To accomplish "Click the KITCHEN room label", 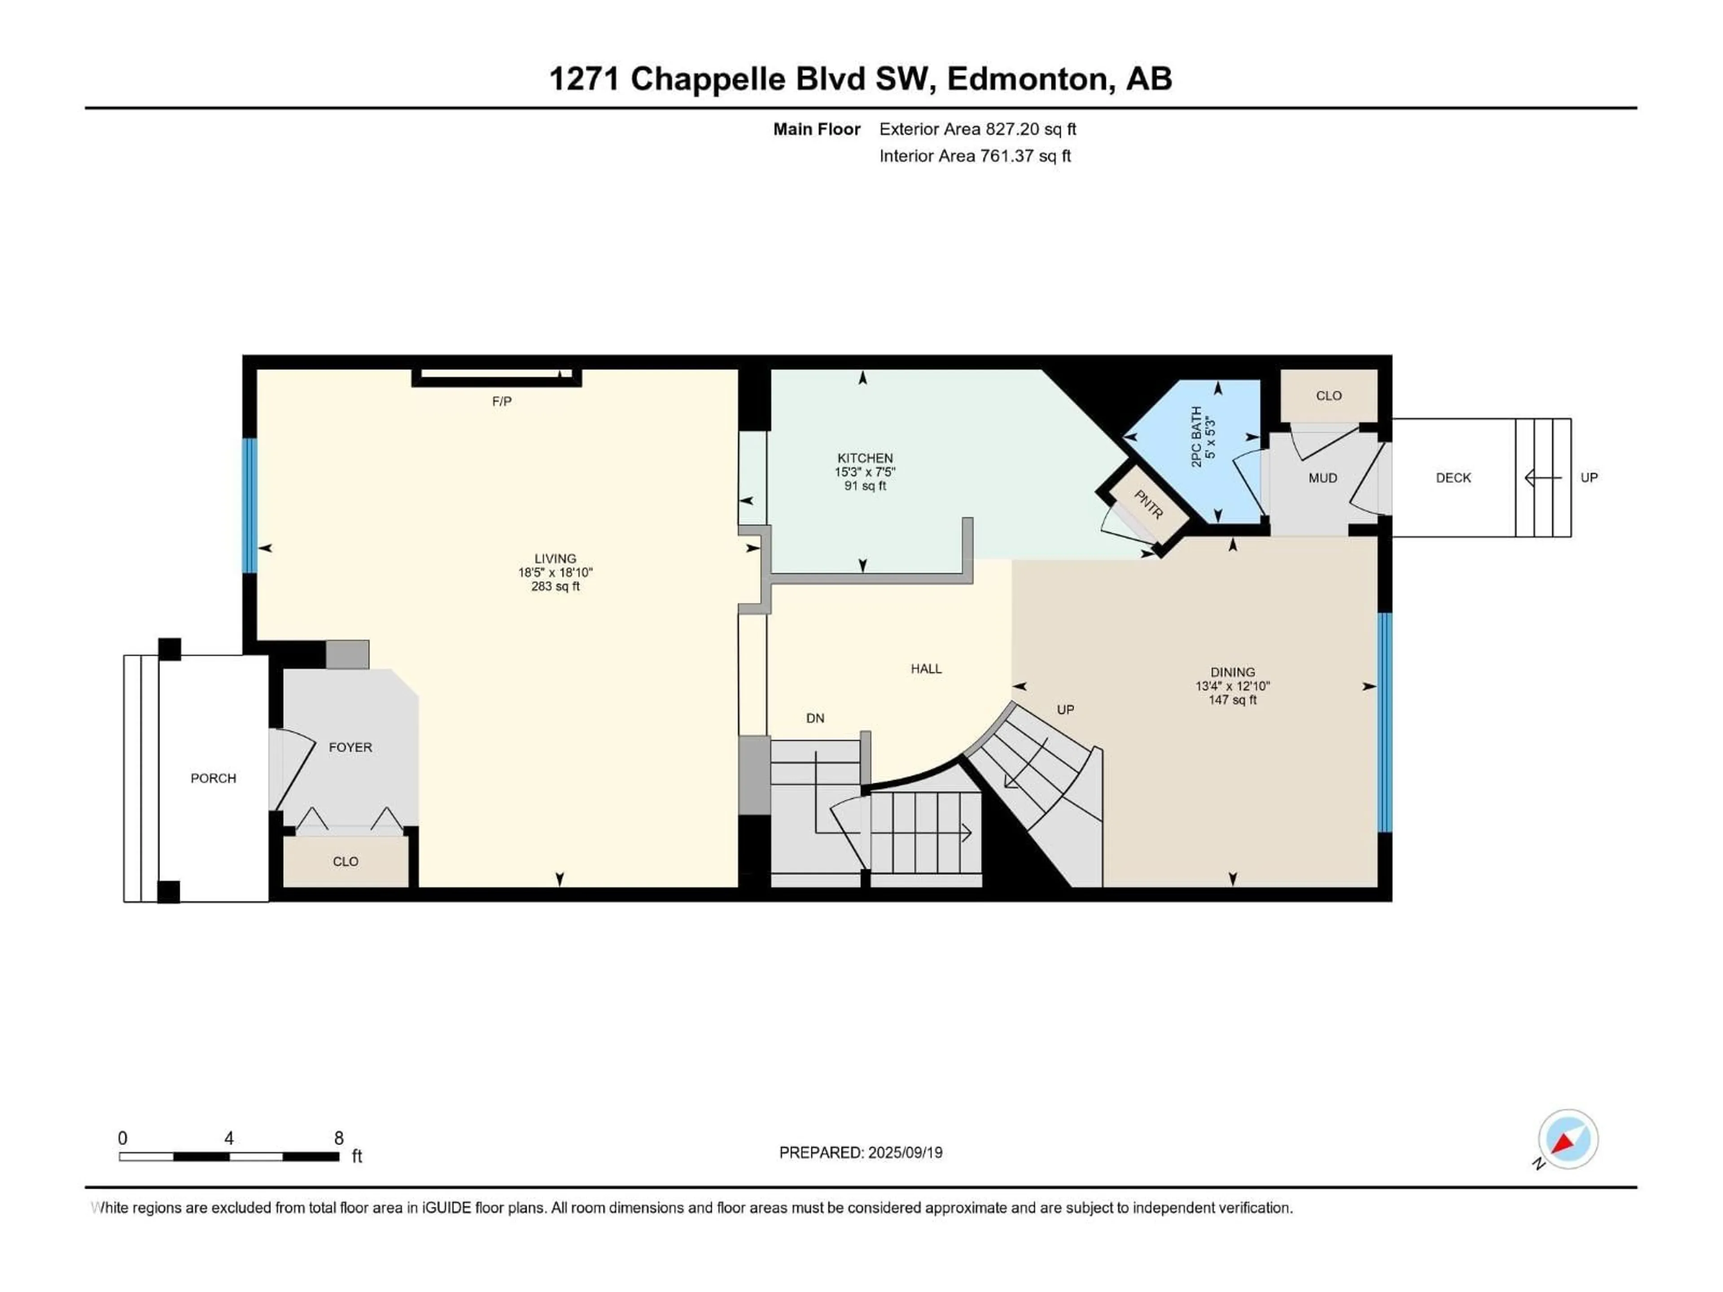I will (865, 458).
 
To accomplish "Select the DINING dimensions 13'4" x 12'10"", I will (1232, 686).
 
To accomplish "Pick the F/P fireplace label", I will (502, 401).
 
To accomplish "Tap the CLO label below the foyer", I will (345, 861).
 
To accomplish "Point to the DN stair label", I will (815, 718).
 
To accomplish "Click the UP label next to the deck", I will (1588, 477).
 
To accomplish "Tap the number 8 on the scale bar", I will (339, 1138).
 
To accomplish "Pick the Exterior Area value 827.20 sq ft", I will (1031, 129).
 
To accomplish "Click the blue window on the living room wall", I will (249, 506).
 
